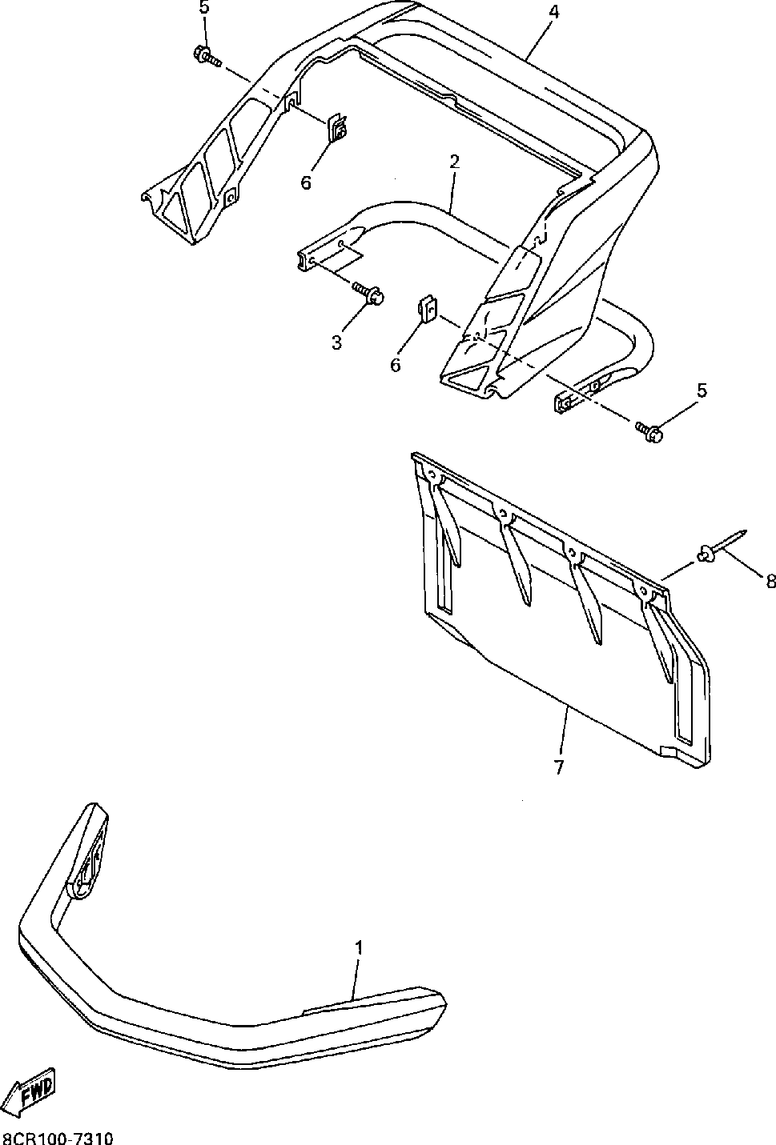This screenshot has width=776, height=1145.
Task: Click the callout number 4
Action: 553,13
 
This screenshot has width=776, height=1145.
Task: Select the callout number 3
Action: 337,342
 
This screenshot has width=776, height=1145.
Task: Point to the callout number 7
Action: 558,767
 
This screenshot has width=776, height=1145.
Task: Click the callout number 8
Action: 770,582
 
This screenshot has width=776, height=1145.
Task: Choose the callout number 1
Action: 360,948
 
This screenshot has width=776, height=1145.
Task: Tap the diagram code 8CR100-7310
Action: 58,1137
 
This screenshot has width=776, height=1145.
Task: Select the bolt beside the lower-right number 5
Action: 649,432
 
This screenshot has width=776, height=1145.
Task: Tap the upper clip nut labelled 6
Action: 338,128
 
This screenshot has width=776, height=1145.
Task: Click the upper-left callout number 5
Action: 203,9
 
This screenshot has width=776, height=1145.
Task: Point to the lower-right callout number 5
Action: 702,390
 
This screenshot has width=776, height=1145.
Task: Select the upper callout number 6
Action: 306,183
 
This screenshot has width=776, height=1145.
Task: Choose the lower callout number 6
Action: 396,365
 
